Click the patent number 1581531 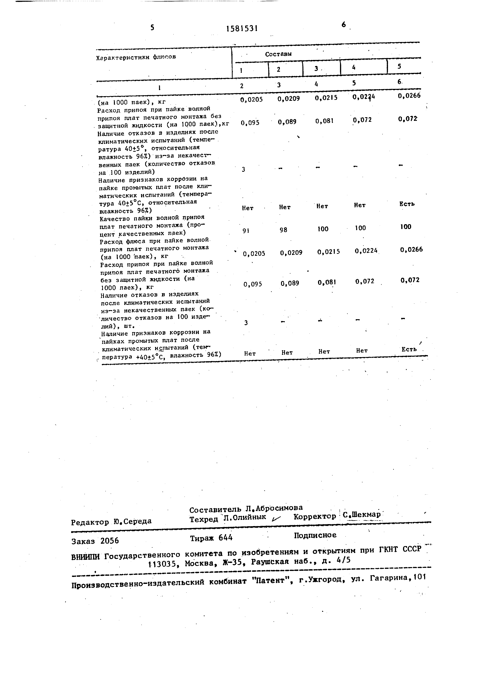click(242, 29)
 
